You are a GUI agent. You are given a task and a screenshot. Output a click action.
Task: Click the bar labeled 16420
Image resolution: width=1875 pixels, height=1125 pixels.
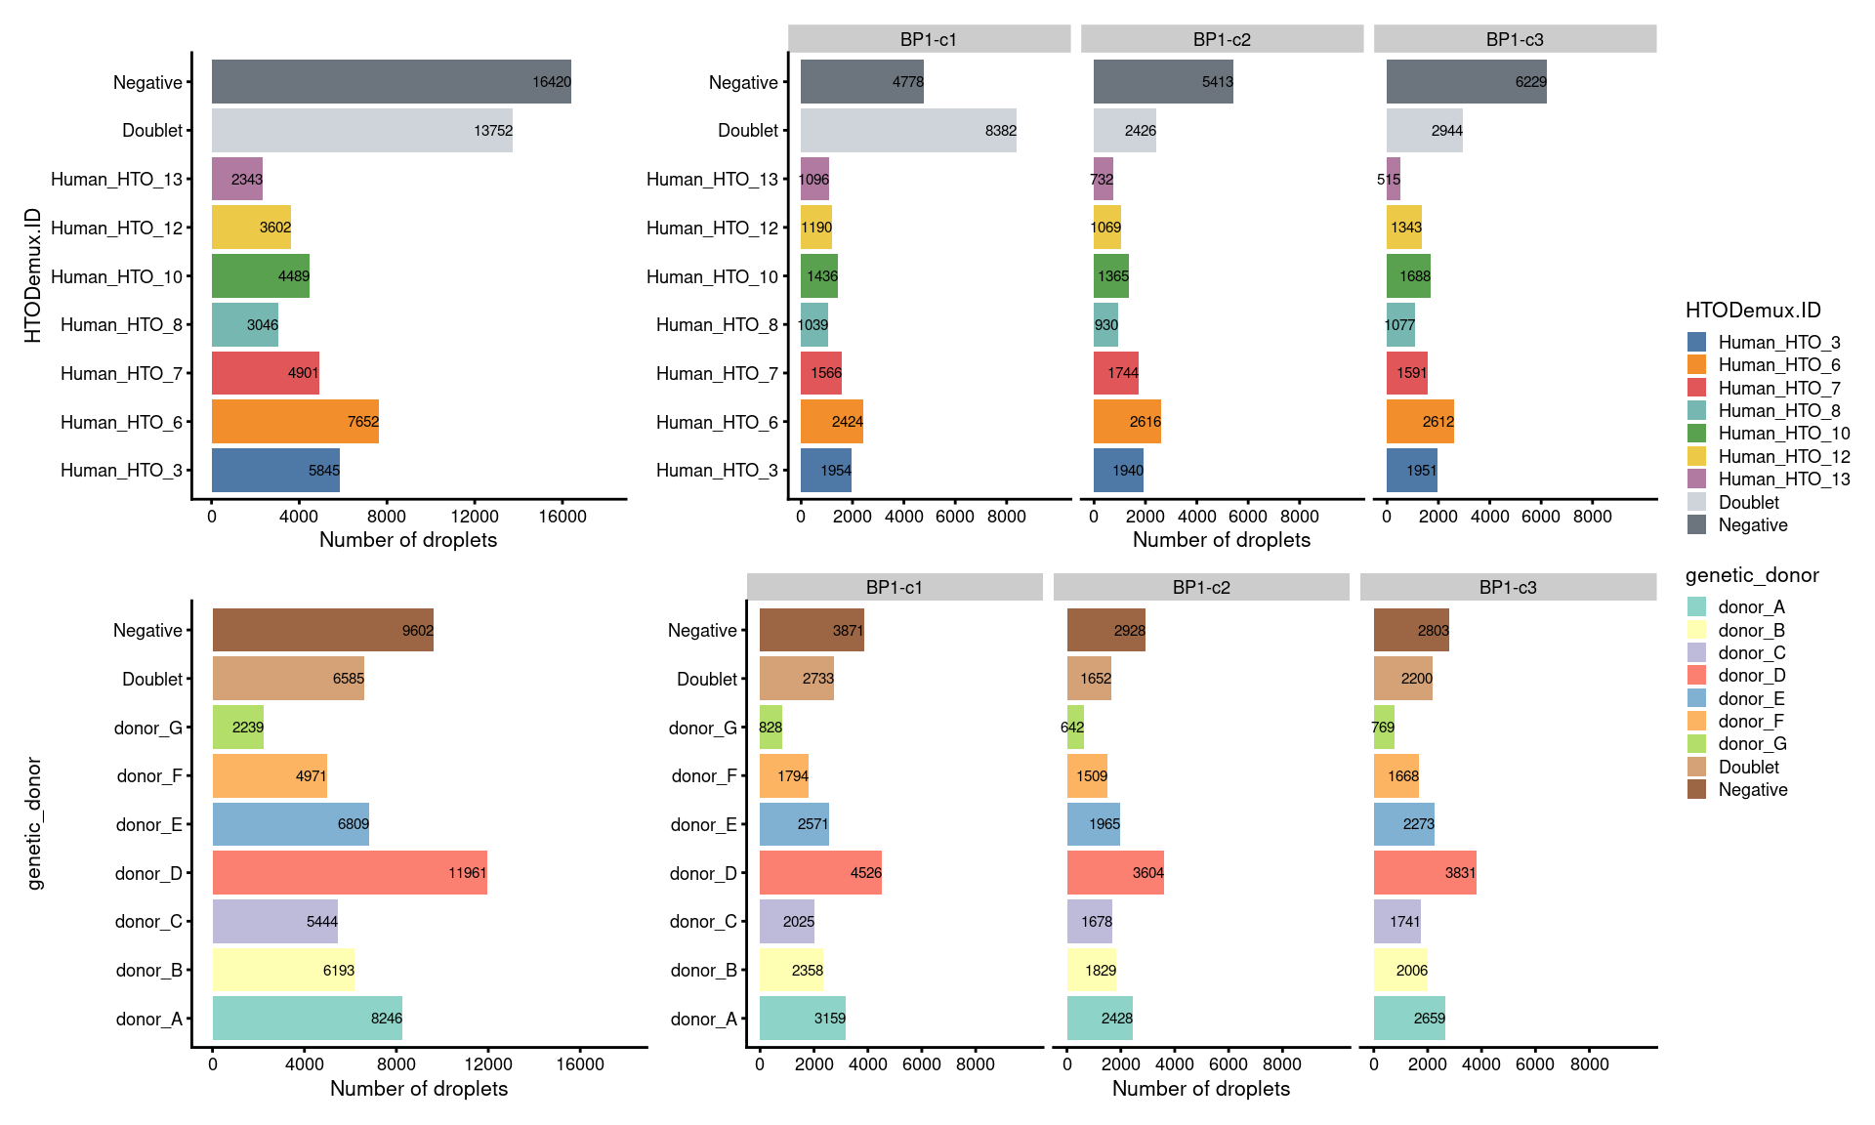point(391,82)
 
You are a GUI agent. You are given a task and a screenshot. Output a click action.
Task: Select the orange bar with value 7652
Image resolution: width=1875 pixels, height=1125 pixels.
point(295,422)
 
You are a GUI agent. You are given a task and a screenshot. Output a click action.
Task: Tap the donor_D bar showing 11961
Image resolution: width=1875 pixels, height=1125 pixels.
point(350,873)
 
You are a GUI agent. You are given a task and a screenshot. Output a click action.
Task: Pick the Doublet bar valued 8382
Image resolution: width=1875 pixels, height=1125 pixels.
point(908,131)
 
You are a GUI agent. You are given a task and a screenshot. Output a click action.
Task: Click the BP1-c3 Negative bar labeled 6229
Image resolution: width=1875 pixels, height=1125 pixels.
point(1466,82)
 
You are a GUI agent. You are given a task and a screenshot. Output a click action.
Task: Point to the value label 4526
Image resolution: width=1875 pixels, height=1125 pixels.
point(865,873)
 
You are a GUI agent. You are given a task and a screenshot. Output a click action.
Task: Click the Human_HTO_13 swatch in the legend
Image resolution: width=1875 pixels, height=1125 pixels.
point(1696,479)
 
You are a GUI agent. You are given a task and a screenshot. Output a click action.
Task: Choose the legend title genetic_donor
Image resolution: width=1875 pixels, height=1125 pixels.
point(1752,575)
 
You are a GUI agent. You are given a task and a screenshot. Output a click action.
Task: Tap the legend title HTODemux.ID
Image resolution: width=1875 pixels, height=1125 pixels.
point(1753,311)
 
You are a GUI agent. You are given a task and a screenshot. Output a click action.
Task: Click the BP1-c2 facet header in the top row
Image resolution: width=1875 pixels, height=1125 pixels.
point(1222,39)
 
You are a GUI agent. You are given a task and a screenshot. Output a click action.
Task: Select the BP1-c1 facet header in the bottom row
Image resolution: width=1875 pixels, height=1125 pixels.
point(895,587)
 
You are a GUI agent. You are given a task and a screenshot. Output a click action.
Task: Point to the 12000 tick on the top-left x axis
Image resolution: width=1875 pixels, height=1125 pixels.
point(475,517)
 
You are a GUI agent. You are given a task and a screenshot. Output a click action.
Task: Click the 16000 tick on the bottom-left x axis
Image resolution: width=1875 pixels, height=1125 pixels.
point(580,1064)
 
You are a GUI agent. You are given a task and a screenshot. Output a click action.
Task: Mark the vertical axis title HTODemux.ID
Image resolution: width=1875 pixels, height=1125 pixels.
point(33,275)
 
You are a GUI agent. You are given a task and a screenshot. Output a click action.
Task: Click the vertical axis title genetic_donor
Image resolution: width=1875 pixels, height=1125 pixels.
point(35,824)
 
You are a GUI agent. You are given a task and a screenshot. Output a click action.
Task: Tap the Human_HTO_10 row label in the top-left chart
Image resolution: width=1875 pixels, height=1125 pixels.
point(116,277)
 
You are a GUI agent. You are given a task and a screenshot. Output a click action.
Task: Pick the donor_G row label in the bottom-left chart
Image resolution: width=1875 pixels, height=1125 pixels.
point(147,729)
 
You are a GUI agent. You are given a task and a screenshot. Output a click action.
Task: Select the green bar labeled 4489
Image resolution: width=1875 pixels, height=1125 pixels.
point(261,276)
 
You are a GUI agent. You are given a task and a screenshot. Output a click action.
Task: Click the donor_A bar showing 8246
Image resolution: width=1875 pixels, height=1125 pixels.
point(307,1019)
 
